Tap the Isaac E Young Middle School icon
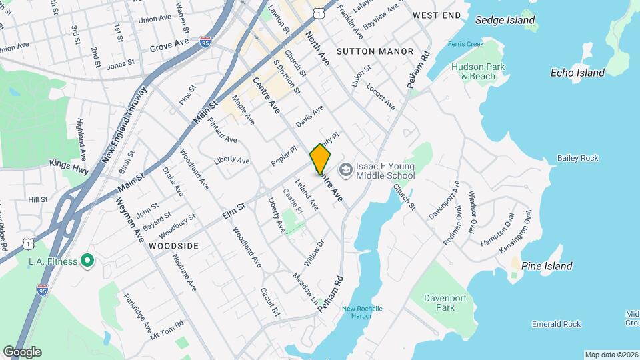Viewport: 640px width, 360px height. [x=345, y=170]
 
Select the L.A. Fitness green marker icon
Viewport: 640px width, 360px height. [x=87, y=261]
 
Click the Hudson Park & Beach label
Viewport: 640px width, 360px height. [x=478, y=71]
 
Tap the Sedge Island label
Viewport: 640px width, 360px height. [x=505, y=20]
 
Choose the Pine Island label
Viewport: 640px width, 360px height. [x=547, y=266]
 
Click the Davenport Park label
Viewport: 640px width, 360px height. [x=448, y=302]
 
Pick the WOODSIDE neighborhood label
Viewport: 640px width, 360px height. [x=173, y=246]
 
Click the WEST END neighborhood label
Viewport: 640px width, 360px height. [x=437, y=15]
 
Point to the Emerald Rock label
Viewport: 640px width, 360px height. [x=557, y=324]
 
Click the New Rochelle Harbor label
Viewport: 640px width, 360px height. [x=362, y=312]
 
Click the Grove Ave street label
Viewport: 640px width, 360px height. [x=170, y=47]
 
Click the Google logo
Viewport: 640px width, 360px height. [x=22, y=351]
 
